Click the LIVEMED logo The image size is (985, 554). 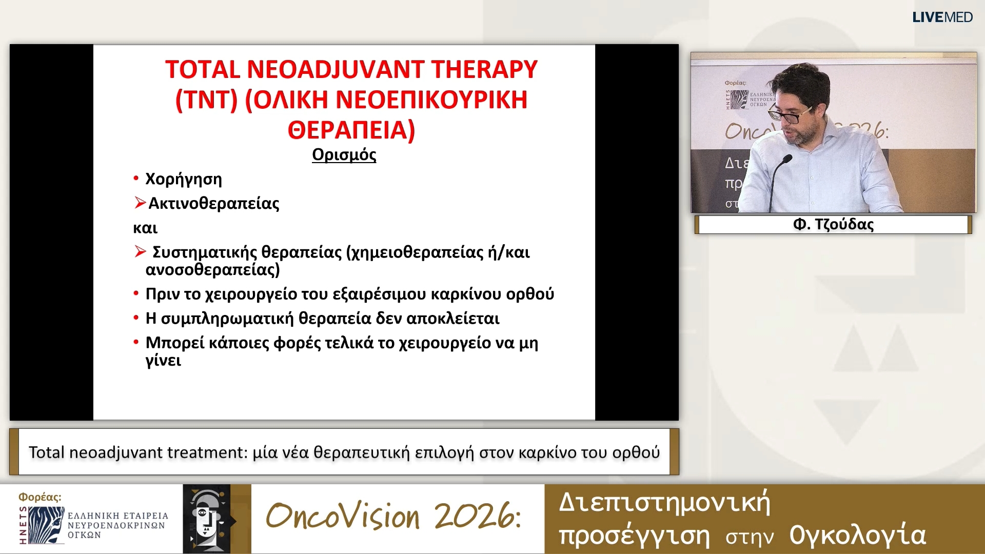point(942,17)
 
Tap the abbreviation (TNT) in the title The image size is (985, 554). point(206,100)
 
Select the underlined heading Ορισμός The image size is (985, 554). point(344,154)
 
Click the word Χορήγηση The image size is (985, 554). point(184,179)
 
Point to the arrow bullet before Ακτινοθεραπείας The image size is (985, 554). point(140,203)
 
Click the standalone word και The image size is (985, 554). point(145,228)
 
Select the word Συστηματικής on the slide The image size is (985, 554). point(204,252)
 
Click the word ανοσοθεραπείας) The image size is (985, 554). point(212,269)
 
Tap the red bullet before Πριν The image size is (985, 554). point(136,293)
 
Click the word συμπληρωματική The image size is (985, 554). point(227,319)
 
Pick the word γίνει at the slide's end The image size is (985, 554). point(163,360)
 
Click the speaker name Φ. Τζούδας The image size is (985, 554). point(833,224)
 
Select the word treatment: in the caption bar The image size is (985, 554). point(208,452)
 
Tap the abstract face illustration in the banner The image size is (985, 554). point(208,519)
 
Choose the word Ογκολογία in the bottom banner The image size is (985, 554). point(857,535)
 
